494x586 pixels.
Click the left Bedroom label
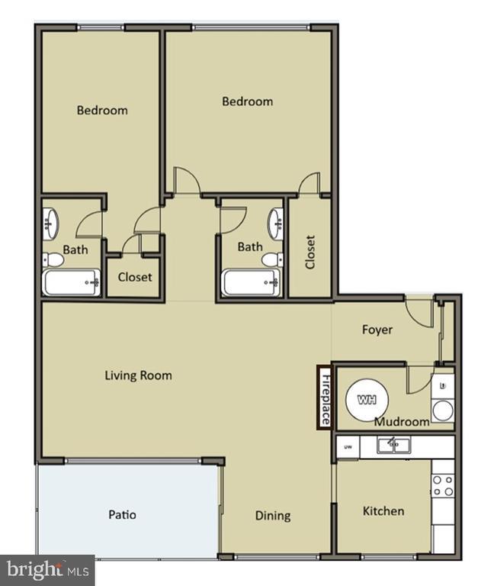[102, 110]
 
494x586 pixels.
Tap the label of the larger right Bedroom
[247, 101]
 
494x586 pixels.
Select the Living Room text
[138, 375]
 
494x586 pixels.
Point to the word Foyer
[377, 330]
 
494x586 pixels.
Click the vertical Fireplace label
[325, 398]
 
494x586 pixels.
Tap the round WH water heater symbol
[367, 399]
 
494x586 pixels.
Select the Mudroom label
[402, 421]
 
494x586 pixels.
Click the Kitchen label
[383, 510]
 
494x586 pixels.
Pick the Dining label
[272, 515]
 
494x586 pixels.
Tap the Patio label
[122, 514]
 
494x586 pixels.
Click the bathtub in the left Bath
[72, 282]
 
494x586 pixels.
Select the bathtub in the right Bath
[251, 282]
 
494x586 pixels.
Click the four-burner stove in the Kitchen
[443, 485]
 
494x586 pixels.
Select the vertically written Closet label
[310, 252]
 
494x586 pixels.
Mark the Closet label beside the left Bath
[135, 277]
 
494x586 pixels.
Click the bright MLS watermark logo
[47, 569]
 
